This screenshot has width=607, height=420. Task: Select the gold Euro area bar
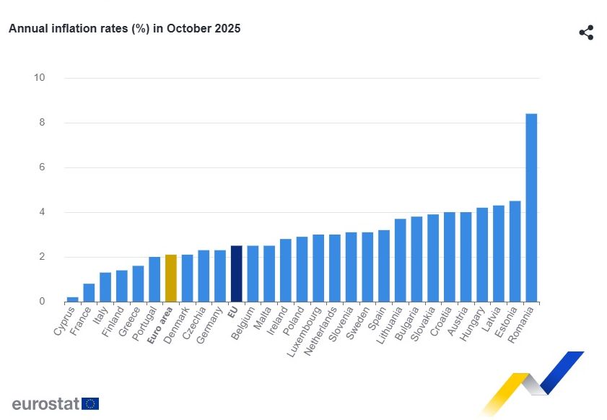(171, 279)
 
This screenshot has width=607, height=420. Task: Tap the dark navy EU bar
(236, 274)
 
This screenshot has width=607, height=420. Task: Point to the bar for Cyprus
(72, 299)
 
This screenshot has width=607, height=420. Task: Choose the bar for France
(89, 293)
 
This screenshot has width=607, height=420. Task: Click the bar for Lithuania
(400, 261)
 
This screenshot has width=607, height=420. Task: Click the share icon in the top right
(586, 32)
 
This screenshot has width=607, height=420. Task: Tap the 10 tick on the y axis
(40, 78)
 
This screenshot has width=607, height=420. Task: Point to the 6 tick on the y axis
(42, 167)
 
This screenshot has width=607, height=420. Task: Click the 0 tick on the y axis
(42, 302)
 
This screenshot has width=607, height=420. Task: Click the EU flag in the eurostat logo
(90, 403)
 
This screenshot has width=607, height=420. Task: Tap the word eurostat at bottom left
(45, 403)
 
